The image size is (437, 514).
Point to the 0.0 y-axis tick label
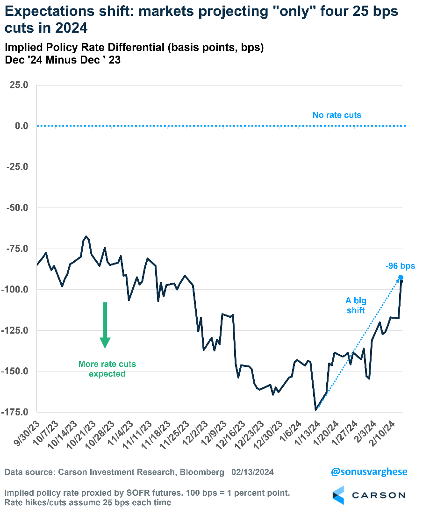(x=21, y=126)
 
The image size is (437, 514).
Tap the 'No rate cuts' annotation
(x=337, y=115)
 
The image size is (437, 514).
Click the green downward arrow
(x=105, y=325)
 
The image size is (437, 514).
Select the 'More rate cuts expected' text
(x=107, y=369)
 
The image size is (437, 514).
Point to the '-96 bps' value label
(x=400, y=266)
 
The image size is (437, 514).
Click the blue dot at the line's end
(x=401, y=278)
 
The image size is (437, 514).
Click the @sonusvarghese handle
(x=369, y=472)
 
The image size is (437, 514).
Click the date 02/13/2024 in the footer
(x=253, y=472)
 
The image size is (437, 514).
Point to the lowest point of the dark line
(x=316, y=410)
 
